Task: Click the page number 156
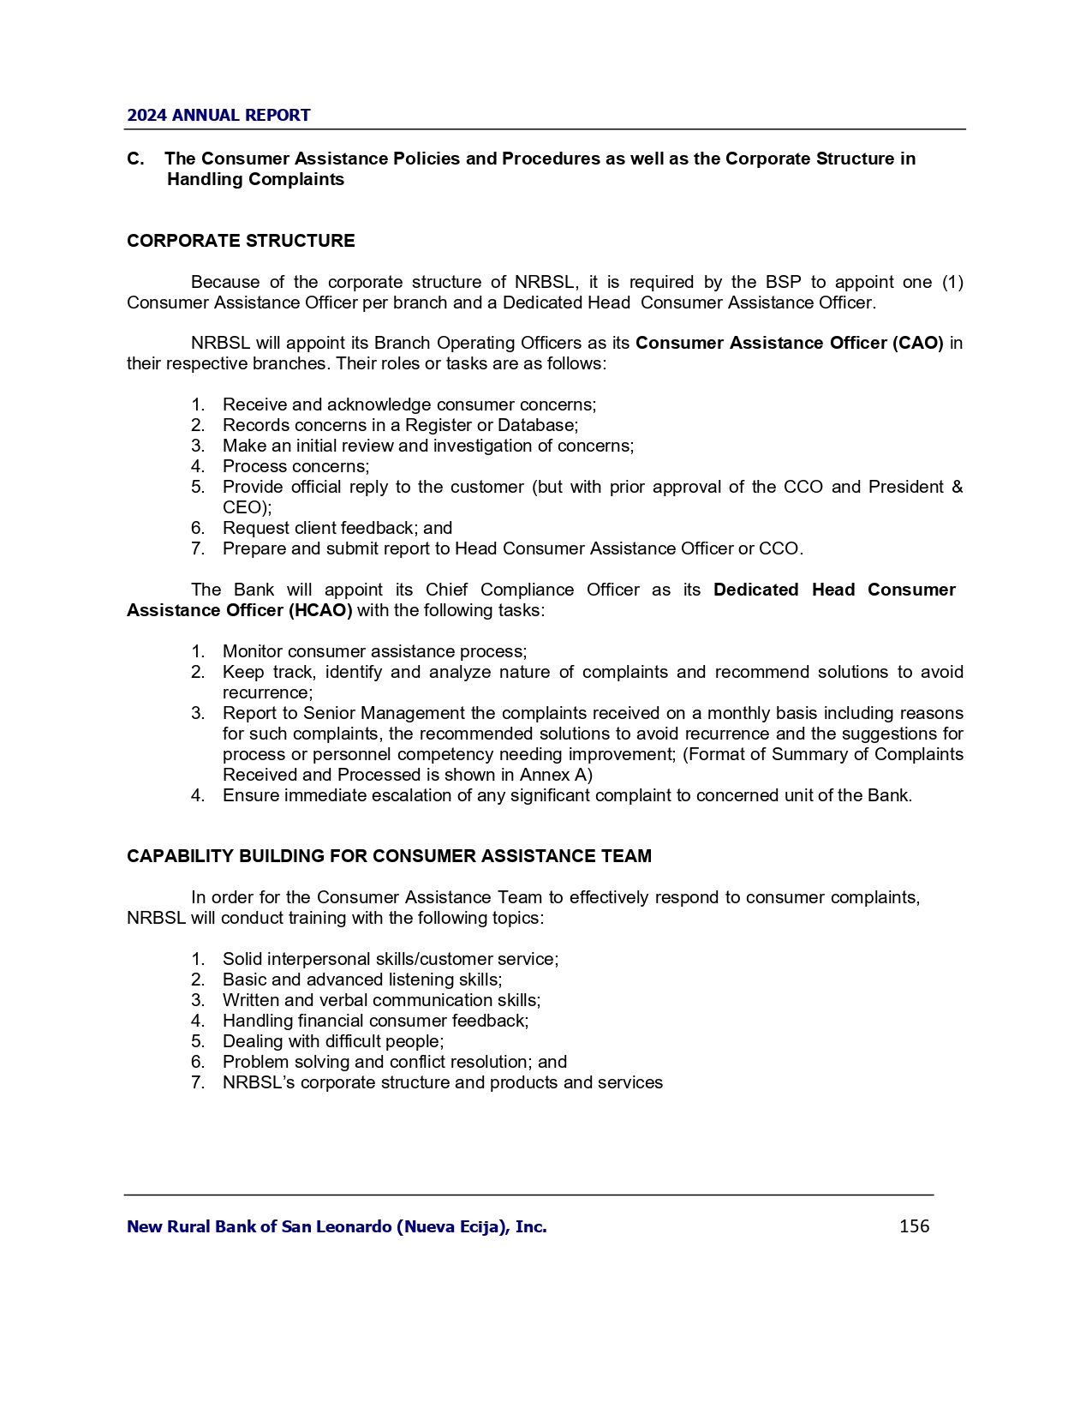tap(914, 1226)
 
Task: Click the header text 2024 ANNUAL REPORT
tap(218, 116)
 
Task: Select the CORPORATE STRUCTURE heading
tap(241, 241)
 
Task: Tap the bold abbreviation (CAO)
tap(917, 343)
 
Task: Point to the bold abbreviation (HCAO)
tap(323, 610)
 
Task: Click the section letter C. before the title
tap(135, 159)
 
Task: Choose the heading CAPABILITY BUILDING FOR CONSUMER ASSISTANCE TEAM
tap(389, 856)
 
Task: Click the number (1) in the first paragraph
tap(952, 282)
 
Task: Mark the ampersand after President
tap(957, 487)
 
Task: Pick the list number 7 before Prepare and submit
tap(197, 548)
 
